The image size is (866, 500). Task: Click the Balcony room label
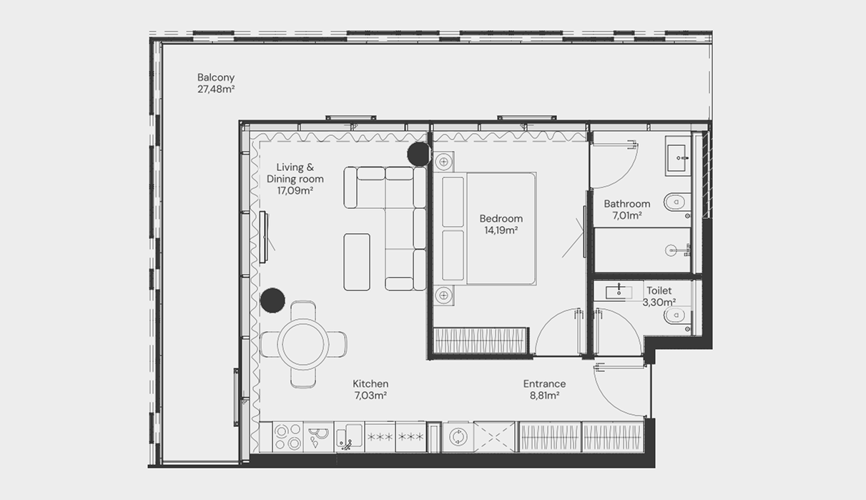coord(216,77)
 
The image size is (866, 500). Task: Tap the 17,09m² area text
coord(295,191)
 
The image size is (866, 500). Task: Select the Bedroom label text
coord(501,218)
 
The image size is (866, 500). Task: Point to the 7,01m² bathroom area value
coord(627,215)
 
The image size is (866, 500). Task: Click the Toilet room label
coord(659,290)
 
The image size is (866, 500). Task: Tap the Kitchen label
coord(370,383)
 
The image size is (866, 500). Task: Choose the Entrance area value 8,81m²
coord(545,396)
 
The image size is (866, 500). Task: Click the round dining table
coord(303,344)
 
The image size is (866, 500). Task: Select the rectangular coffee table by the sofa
coord(357,262)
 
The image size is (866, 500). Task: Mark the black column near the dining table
coord(272,300)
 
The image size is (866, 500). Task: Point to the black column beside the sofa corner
coord(419,154)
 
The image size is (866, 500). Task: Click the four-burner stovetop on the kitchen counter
coord(287,437)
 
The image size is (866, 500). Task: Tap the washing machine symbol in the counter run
coord(458,437)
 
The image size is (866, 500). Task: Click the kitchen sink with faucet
coord(350,437)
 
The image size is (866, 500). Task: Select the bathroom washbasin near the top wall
coord(678,156)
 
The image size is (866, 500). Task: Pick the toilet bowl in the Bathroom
coord(677,202)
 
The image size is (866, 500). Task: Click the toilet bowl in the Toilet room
coord(677,316)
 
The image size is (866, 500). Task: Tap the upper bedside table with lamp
coord(444,162)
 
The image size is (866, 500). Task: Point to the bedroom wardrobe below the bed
coord(480,340)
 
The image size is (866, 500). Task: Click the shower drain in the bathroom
coord(671,250)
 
